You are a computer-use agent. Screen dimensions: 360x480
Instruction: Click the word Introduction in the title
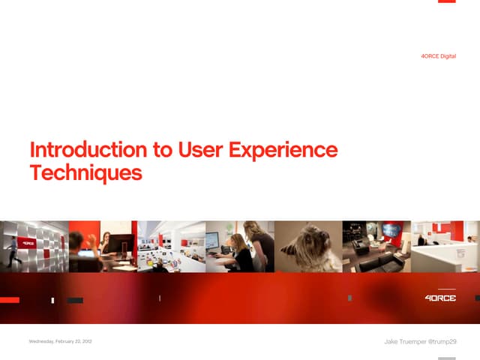click(x=88, y=150)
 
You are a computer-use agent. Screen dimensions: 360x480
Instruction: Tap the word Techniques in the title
click(x=85, y=173)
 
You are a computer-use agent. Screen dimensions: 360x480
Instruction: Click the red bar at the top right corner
click(x=447, y=1)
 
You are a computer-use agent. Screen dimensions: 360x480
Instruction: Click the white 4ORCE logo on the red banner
click(x=440, y=298)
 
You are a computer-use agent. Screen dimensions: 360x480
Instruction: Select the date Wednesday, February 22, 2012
click(x=60, y=342)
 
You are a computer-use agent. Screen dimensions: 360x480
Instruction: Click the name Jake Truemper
click(x=404, y=342)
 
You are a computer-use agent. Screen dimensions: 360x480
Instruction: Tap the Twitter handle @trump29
click(x=442, y=342)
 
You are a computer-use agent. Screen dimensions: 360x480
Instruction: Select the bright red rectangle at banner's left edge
click(x=9, y=300)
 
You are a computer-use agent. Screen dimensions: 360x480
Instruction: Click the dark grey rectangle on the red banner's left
click(x=75, y=300)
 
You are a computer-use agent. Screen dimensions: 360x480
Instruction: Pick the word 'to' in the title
click(x=163, y=150)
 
